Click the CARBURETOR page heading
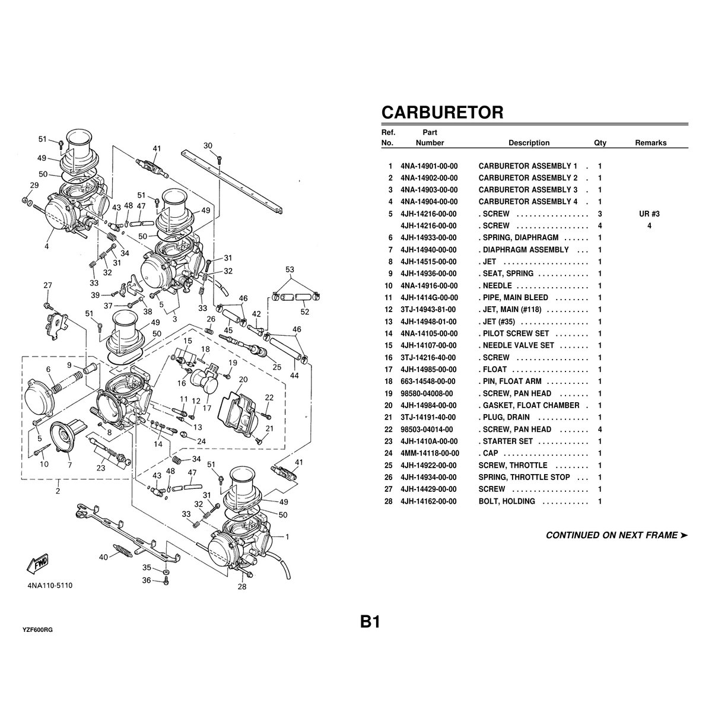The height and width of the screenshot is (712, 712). (x=442, y=112)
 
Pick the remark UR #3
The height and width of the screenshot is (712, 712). (x=650, y=214)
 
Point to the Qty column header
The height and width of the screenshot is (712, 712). (x=600, y=143)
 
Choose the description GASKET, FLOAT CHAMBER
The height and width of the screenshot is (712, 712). (x=529, y=405)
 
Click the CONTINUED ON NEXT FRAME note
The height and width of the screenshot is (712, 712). (x=616, y=535)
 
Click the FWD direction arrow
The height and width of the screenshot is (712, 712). (x=37, y=563)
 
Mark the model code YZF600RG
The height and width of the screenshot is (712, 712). (x=38, y=630)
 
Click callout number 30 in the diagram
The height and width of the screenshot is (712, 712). (x=208, y=146)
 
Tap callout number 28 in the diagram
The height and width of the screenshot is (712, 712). (x=241, y=587)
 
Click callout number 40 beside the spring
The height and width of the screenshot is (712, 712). (x=103, y=557)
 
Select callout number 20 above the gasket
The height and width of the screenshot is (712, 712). (x=243, y=379)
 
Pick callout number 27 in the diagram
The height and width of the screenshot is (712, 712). (x=48, y=285)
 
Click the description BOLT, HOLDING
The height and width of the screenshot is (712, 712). (x=507, y=501)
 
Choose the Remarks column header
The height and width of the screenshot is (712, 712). (x=650, y=143)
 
